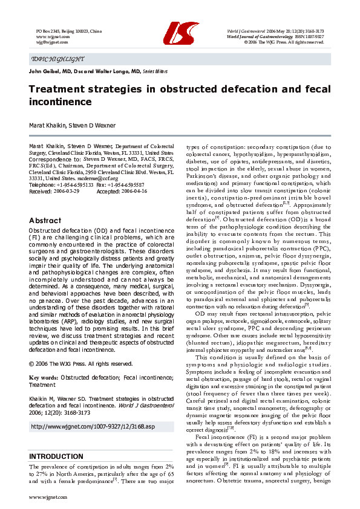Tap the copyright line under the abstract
point(80,364)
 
